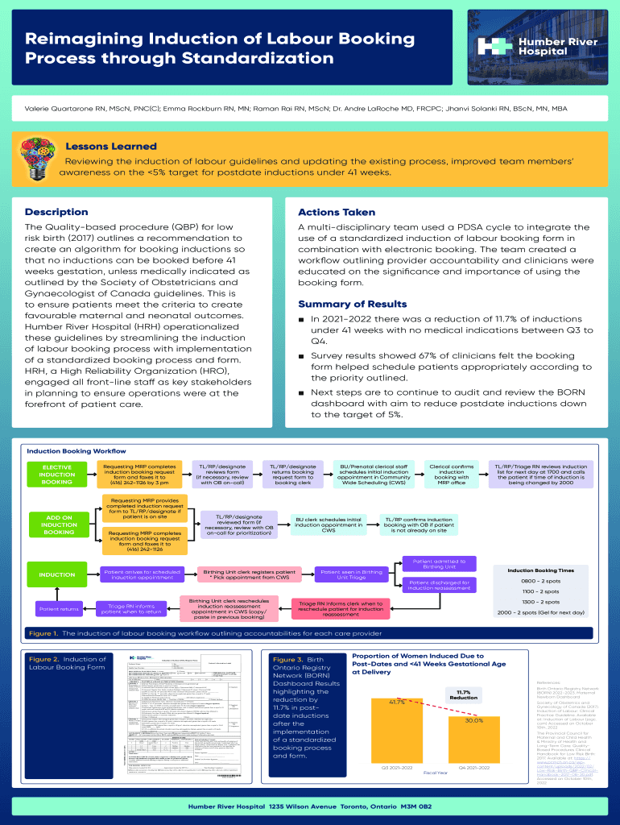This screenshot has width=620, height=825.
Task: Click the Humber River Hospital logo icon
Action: pos(490,47)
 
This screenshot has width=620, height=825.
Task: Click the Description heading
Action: pos(56,212)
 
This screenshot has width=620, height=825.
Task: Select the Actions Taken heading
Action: pos(337,212)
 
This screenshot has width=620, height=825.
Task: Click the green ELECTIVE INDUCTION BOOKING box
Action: pos(56,475)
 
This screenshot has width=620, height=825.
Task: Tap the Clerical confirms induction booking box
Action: pos(452,475)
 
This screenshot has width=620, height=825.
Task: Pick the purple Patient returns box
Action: pos(59,609)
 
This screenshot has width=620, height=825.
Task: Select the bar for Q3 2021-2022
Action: pos(398,732)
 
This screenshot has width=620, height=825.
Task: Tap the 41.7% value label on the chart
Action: pos(397,703)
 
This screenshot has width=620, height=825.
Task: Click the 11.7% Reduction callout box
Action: pos(463,694)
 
